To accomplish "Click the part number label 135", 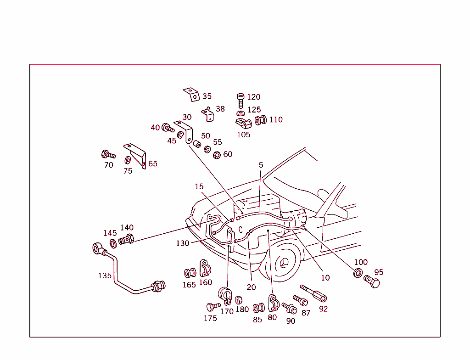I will tap(105, 276).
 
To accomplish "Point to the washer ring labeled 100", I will tap(357, 273).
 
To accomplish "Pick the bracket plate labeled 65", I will tap(137, 155).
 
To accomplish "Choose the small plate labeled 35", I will tap(192, 95).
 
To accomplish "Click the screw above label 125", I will tap(241, 99).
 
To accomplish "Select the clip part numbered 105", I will tap(243, 124).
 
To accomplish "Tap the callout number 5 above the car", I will tap(261, 164).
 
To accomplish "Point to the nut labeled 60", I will tap(217, 155).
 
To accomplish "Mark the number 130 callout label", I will tap(182, 243).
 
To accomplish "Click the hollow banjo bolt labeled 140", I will tap(126, 239).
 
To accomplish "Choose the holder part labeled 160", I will tap(205, 268).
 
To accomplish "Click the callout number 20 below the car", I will tap(251, 287).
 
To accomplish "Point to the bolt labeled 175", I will tap(213, 306).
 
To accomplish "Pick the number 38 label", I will tap(220, 109).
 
